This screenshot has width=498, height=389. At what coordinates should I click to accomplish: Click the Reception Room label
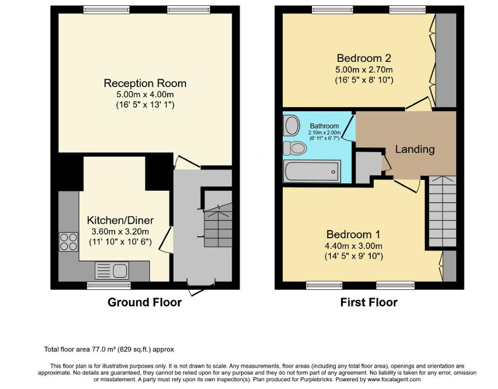[x=145, y=83]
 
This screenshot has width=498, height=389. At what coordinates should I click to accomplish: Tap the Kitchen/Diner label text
[x=120, y=220]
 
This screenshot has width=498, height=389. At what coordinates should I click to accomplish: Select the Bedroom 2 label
[x=364, y=58]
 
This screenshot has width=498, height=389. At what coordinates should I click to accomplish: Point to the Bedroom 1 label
[x=353, y=234]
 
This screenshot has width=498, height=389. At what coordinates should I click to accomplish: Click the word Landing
[x=415, y=149]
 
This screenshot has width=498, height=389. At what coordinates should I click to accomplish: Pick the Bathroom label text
[x=324, y=126]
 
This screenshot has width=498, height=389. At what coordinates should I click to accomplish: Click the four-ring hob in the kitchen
[x=69, y=242]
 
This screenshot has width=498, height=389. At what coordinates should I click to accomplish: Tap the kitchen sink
[x=112, y=271]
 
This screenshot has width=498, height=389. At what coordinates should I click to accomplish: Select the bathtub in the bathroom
[x=312, y=172]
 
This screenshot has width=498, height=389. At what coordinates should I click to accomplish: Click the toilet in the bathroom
[x=295, y=148]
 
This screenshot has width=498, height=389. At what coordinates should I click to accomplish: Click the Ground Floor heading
[x=144, y=302]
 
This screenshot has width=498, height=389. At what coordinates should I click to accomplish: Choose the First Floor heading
[x=369, y=302]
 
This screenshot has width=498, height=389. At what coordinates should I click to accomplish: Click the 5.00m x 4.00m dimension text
[x=145, y=94]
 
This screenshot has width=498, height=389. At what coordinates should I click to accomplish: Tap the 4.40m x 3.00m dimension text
[x=354, y=246]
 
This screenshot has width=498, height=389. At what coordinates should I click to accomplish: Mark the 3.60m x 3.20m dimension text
[x=120, y=231]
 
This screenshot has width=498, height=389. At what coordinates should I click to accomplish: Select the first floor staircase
[x=443, y=212]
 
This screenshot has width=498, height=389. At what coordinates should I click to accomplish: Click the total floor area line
[x=109, y=350]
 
